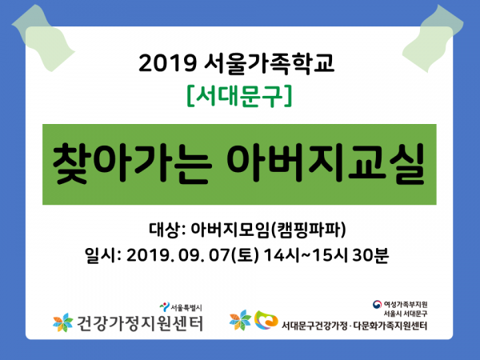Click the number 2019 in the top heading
[167, 63]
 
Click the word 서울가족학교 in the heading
[270, 63]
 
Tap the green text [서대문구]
[239, 96]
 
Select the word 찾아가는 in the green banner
[132, 163]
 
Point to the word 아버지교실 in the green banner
[326, 163]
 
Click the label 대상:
[167, 230]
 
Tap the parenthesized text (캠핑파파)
[308, 230]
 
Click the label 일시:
[102, 255]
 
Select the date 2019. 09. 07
[178, 255]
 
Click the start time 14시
[281, 255]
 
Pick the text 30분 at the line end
[370, 255]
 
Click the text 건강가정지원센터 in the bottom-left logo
[139, 323]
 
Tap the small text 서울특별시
[186, 307]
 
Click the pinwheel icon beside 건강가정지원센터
[63, 322]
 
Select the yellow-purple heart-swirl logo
[266, 320]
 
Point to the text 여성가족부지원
[406, 304]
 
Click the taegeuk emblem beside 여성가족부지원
[377, 304]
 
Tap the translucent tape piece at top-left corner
[43, 38]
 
